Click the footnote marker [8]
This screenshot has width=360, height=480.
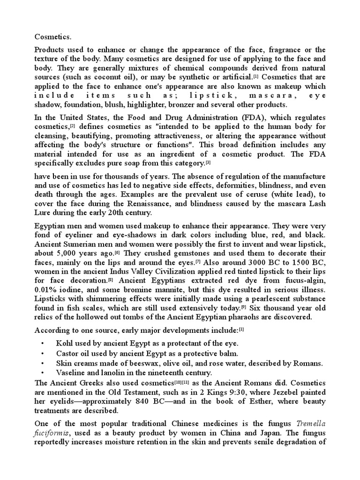tap(111, 280)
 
